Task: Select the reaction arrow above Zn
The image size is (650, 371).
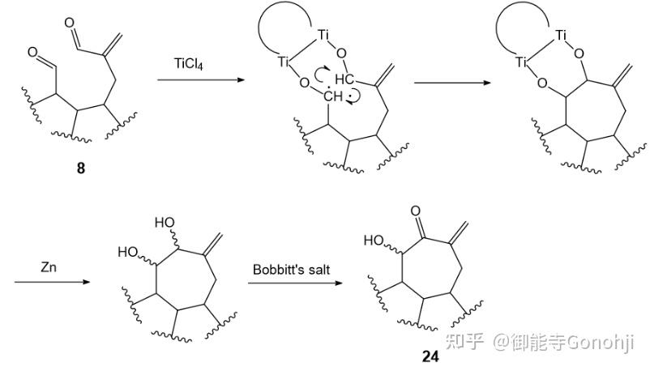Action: point(49,282)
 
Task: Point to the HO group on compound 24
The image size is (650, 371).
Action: point(374,240)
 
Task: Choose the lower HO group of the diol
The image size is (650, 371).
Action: point(127,252)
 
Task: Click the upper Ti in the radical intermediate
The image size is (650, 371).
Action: point(324,34)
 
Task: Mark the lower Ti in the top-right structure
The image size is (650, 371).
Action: point(524,62)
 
